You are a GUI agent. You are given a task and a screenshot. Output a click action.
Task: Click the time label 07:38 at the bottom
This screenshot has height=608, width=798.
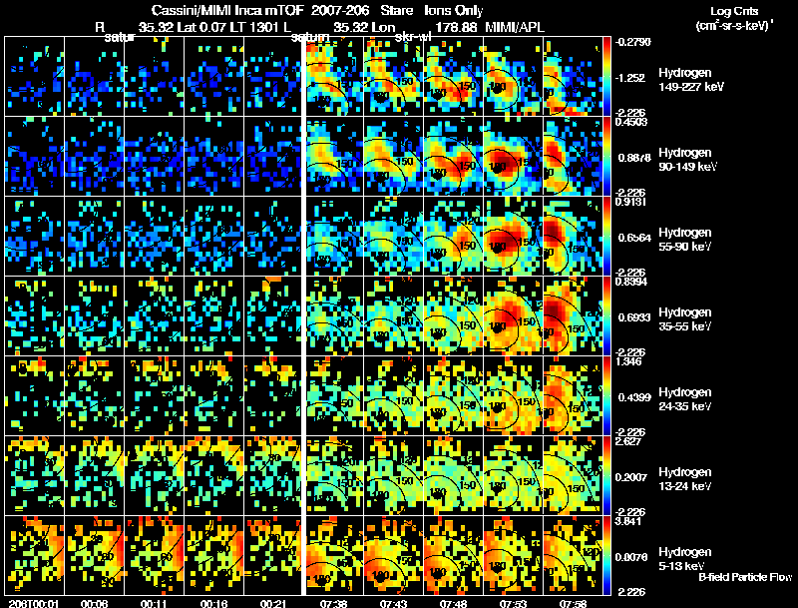[330, 603]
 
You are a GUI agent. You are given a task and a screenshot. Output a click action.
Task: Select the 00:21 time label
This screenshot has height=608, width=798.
[271, 603]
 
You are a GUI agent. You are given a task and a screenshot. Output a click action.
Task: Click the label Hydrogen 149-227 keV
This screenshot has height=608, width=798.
[689, 80]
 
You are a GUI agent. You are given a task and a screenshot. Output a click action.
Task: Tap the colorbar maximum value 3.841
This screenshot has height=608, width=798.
[632, 521]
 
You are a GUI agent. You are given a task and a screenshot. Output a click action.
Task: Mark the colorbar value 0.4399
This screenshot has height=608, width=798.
[632, 397]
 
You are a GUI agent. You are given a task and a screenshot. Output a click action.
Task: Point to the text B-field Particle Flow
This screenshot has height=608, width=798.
[746, 577]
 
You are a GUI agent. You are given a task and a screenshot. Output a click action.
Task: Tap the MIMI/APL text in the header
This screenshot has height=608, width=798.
[515, 26]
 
